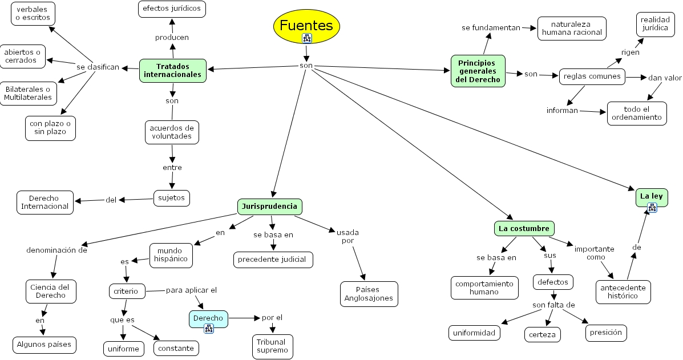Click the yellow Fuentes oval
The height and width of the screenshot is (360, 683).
tap(306, 26)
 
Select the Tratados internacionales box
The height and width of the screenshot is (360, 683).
tap(172, 70)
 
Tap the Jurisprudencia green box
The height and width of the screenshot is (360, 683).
tap(269, 206)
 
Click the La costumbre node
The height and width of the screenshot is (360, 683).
tap(524, 229)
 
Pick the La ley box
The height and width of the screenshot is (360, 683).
tap(651, 197)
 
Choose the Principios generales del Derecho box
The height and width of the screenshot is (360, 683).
tap(478, 71)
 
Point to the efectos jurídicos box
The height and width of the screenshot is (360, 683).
tap(172, 9)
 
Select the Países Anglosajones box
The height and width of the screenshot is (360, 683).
tap(369, 294)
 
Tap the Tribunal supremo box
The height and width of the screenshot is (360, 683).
tap(272, 346)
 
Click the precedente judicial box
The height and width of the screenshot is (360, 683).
tap(273, 260)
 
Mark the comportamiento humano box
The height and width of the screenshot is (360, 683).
tap(484, 288)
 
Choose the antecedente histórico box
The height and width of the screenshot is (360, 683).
tap(623, 292)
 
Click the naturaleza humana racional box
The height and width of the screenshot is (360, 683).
tap(571, 28)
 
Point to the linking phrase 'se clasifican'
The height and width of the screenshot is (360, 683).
tap(98, 67)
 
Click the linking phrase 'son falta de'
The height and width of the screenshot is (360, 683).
tap(553, 305)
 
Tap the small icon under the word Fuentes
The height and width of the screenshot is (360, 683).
tap(307, 38)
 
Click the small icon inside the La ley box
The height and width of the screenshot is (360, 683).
tap(652, 207)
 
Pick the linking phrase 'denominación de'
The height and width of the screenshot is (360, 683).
tap(57, 250)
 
